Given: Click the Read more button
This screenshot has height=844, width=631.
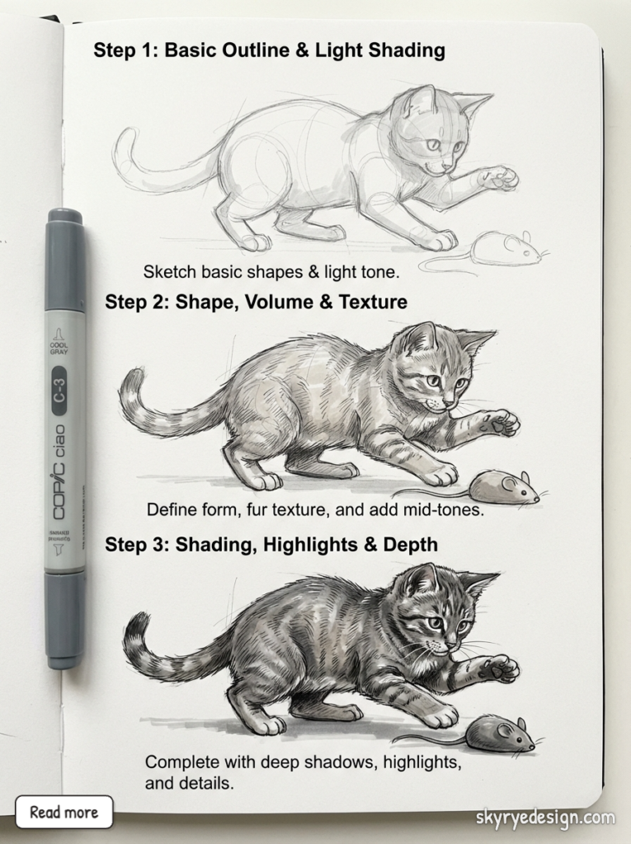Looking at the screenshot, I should [x=64, y=812].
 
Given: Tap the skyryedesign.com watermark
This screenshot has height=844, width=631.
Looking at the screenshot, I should [x=545, y=818].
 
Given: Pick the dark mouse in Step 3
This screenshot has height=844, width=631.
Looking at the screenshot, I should [x=495, y=733].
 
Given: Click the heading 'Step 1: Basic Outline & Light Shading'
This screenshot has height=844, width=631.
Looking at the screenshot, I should [x=269, y=50].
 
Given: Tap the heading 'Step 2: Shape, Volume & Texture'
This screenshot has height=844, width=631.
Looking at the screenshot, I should [x=256, y=302].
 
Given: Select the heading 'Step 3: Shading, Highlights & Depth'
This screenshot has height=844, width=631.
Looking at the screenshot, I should [x=271, y=545].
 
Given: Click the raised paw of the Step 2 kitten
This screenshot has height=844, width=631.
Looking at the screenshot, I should [x=500, y=423].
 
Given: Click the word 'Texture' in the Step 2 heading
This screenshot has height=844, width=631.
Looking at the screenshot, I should [x=370, y=302].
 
